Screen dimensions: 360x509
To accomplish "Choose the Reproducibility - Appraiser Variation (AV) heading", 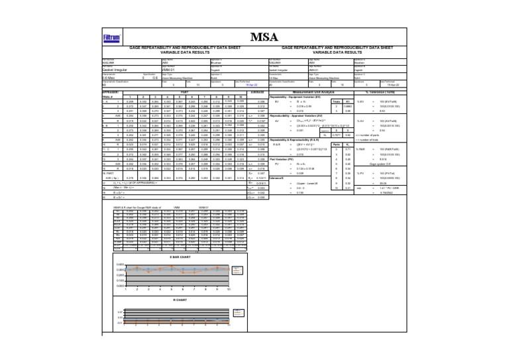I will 305,115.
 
